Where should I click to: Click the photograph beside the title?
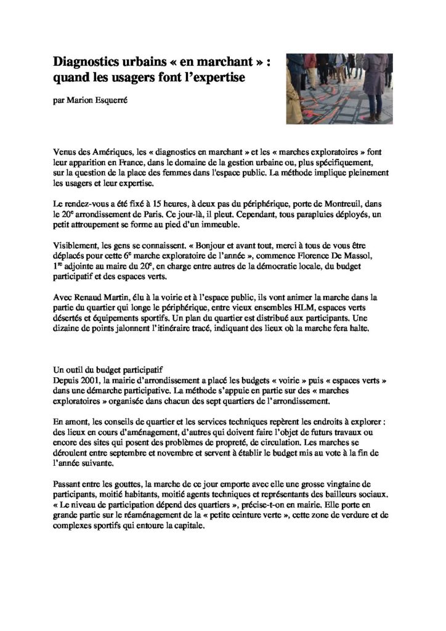coord(339,88)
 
